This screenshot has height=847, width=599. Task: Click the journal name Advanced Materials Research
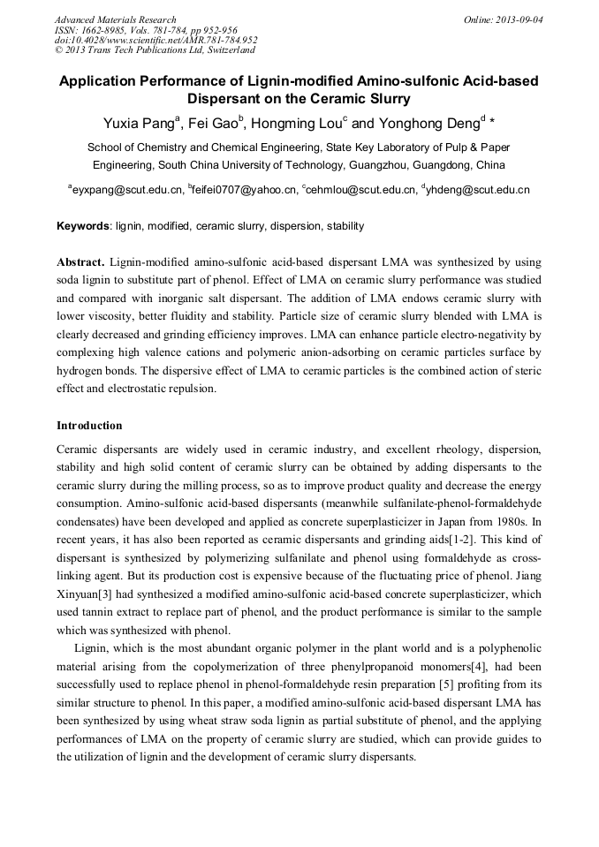click(115, 19)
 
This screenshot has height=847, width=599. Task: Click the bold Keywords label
click(83, 226)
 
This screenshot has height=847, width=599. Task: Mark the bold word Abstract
click(80, 262)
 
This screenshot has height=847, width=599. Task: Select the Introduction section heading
click(89, 426)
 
